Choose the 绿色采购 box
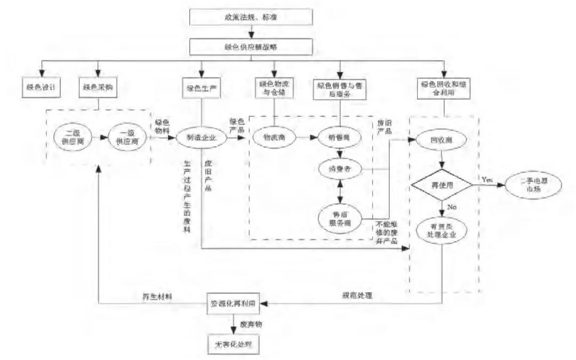(x=98, y=87)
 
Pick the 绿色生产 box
(x=201, y=87)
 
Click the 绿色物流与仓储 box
(x=274, y=87)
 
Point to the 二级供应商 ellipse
(x=74, y=138)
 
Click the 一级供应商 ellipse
(x=126, y=138)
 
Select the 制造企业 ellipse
(x=201, y=138)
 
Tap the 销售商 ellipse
(x=339, y=138)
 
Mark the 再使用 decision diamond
(x=441, y=186)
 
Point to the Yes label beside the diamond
(x=486, y=180)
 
